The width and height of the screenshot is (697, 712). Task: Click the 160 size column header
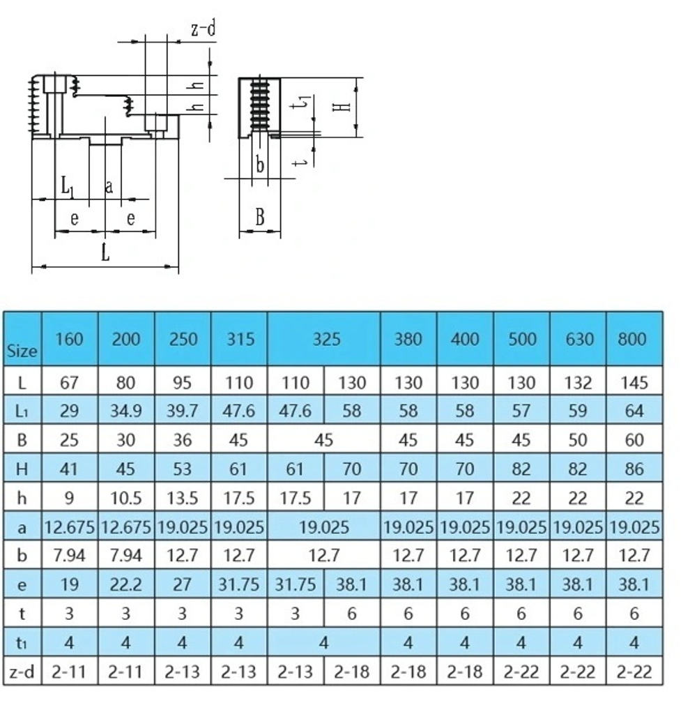point(69,339)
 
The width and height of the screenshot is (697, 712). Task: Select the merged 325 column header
point(324,339)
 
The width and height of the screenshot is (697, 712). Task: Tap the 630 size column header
point(578,339)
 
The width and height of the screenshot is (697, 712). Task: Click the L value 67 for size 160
point(69,383)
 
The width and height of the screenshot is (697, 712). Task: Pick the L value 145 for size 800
point(634,383)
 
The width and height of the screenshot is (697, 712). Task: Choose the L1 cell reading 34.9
point(125,411)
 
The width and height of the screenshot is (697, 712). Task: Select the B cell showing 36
point(182,441)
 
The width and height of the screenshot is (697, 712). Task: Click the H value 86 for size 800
point(634,469)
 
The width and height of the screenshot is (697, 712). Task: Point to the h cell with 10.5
point(125,498)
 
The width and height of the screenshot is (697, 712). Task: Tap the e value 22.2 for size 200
point(125,584)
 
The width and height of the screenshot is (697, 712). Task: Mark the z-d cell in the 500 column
point(521,672)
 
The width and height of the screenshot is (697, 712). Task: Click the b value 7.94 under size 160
point(69,556)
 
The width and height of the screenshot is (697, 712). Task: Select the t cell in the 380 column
point(408,614)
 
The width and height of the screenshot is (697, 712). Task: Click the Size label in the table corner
point(22,351)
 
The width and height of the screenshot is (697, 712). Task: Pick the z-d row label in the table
point(22,672)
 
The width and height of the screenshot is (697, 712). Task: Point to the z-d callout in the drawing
point(203,29)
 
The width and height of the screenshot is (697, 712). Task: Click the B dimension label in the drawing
point(259,217)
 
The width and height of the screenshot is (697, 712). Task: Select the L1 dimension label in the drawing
point(66,186)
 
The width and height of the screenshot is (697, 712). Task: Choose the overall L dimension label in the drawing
point(105,252)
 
